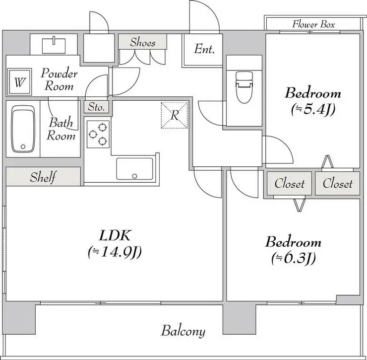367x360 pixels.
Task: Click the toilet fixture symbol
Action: pos(245,87)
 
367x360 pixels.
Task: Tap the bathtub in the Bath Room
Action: pos(23,129)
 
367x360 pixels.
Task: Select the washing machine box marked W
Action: pos(19,82)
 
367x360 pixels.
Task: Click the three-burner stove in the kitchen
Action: pos(98,134)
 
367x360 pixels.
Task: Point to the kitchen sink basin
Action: pos(134,169)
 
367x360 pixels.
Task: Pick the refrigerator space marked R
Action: pos(175,115)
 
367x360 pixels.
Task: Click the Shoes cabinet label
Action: pos(143,42)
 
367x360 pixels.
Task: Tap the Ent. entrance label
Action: pos(204,49)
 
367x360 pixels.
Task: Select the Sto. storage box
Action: pos(96,107)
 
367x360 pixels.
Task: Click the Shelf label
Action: pos(43,177)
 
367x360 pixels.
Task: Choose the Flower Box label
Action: pos(313,24)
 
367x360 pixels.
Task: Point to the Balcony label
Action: pos(183,331)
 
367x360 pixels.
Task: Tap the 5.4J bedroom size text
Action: pos(313,109)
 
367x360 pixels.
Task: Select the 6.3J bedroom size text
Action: pos(294,258)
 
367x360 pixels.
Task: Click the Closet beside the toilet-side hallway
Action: pos(290,184)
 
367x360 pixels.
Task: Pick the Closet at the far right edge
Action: pos(338,184)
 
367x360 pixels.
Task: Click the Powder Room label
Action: pos(59,79)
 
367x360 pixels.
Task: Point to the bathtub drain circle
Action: pos(23,147)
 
